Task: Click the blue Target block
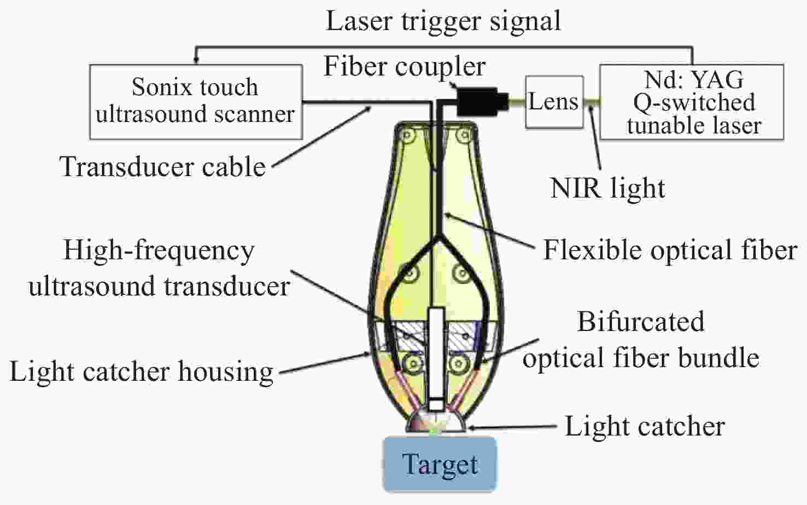pos(440,464)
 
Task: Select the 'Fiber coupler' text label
pos(405,66)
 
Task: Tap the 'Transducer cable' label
pos(163,167)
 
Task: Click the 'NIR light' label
pos(608,188)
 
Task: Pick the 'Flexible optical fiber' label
pos(670,250)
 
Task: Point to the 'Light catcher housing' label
pos(141,372)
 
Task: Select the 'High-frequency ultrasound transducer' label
pos(159,268)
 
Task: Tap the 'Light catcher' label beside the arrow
pos(645,426)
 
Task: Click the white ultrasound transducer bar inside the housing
pos(436,359)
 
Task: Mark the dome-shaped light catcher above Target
pos(436,422)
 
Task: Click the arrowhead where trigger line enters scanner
pos(196,61)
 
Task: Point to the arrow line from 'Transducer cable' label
pos(321,137)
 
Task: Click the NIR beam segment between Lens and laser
pos(592,102)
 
